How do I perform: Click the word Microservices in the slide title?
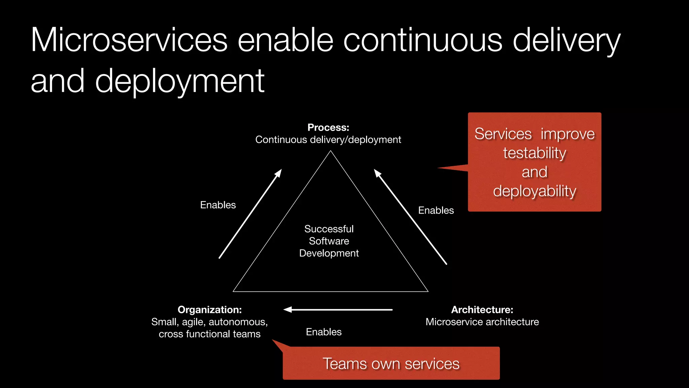pos(129,40)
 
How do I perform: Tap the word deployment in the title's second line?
pos(180,82)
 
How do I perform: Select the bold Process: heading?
pos(328,128)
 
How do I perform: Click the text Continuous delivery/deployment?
pos(328,140)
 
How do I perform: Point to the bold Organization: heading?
pos(210,310)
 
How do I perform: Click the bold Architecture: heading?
pos(482,310)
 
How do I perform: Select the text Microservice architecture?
pos(482,322)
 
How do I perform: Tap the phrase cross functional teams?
pos(210,334)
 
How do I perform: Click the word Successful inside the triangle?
pos(329,229)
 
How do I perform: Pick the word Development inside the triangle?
pos(329,253)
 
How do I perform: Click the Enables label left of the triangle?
pos(218,205)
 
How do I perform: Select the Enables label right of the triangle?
pos(436,211)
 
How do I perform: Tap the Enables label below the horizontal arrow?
pos(324,332)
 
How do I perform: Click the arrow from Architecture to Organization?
pos(338,310)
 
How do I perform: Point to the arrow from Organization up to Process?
pos(250,214)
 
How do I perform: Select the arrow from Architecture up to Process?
pos(410,217)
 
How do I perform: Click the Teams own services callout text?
pos(391,364)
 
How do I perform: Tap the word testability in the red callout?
pos(535,153)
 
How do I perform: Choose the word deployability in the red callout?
pos(535,191)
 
